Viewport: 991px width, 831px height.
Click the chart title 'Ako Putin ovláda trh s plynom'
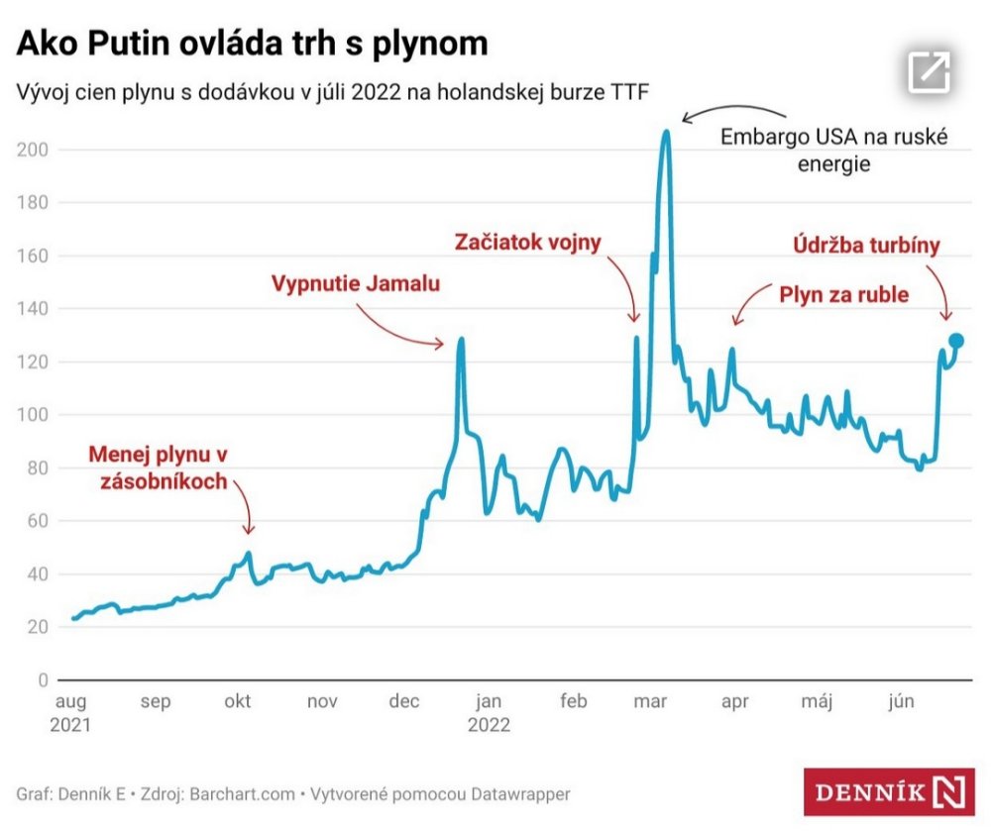click(253, 44)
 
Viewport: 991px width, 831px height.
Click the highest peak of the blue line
click(666, 131)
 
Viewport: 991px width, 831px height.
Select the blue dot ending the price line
click(955, 341)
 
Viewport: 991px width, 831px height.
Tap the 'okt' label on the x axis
click(237, 702)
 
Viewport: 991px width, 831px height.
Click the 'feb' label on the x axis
click(574, 702)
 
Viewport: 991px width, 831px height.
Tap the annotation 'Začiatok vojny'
click(527, 242)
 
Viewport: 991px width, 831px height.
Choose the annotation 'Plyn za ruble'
click(843, 294)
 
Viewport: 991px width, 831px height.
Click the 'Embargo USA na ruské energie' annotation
click(833, 151)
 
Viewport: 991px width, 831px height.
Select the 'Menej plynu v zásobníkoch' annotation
click(159, 468)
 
